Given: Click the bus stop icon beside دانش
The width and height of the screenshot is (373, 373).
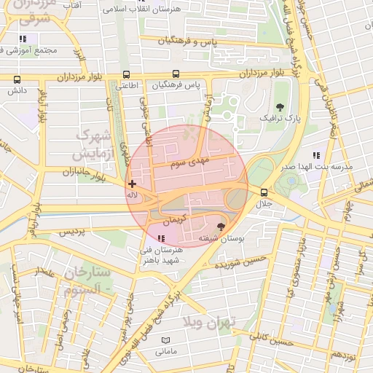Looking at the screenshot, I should (17, 80).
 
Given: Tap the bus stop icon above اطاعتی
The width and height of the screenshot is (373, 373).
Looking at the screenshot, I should (127, 74).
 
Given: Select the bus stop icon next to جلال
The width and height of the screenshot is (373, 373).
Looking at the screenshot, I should (263, 193).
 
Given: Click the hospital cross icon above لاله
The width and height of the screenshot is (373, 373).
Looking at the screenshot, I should (132, 184).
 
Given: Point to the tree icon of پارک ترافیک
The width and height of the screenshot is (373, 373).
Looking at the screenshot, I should (280, 106).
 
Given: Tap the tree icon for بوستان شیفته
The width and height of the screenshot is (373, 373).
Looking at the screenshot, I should (221, 227).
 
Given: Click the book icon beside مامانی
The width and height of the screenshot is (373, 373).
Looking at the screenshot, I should (166, 341).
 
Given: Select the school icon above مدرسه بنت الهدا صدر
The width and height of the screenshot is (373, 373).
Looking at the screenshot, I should (316, 155).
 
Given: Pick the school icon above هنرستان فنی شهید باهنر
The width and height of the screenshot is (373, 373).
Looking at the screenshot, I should (161, 238).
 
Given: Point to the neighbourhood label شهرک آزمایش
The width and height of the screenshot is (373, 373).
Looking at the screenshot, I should (95, 145).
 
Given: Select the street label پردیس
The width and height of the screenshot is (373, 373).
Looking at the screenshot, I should (72, 232).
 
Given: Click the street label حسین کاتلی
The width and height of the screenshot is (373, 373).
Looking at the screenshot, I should (270, 339).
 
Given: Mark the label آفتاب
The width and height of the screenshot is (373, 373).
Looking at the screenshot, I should (71, 5).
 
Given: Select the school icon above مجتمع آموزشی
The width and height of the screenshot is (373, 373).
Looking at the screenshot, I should (23, 39).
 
